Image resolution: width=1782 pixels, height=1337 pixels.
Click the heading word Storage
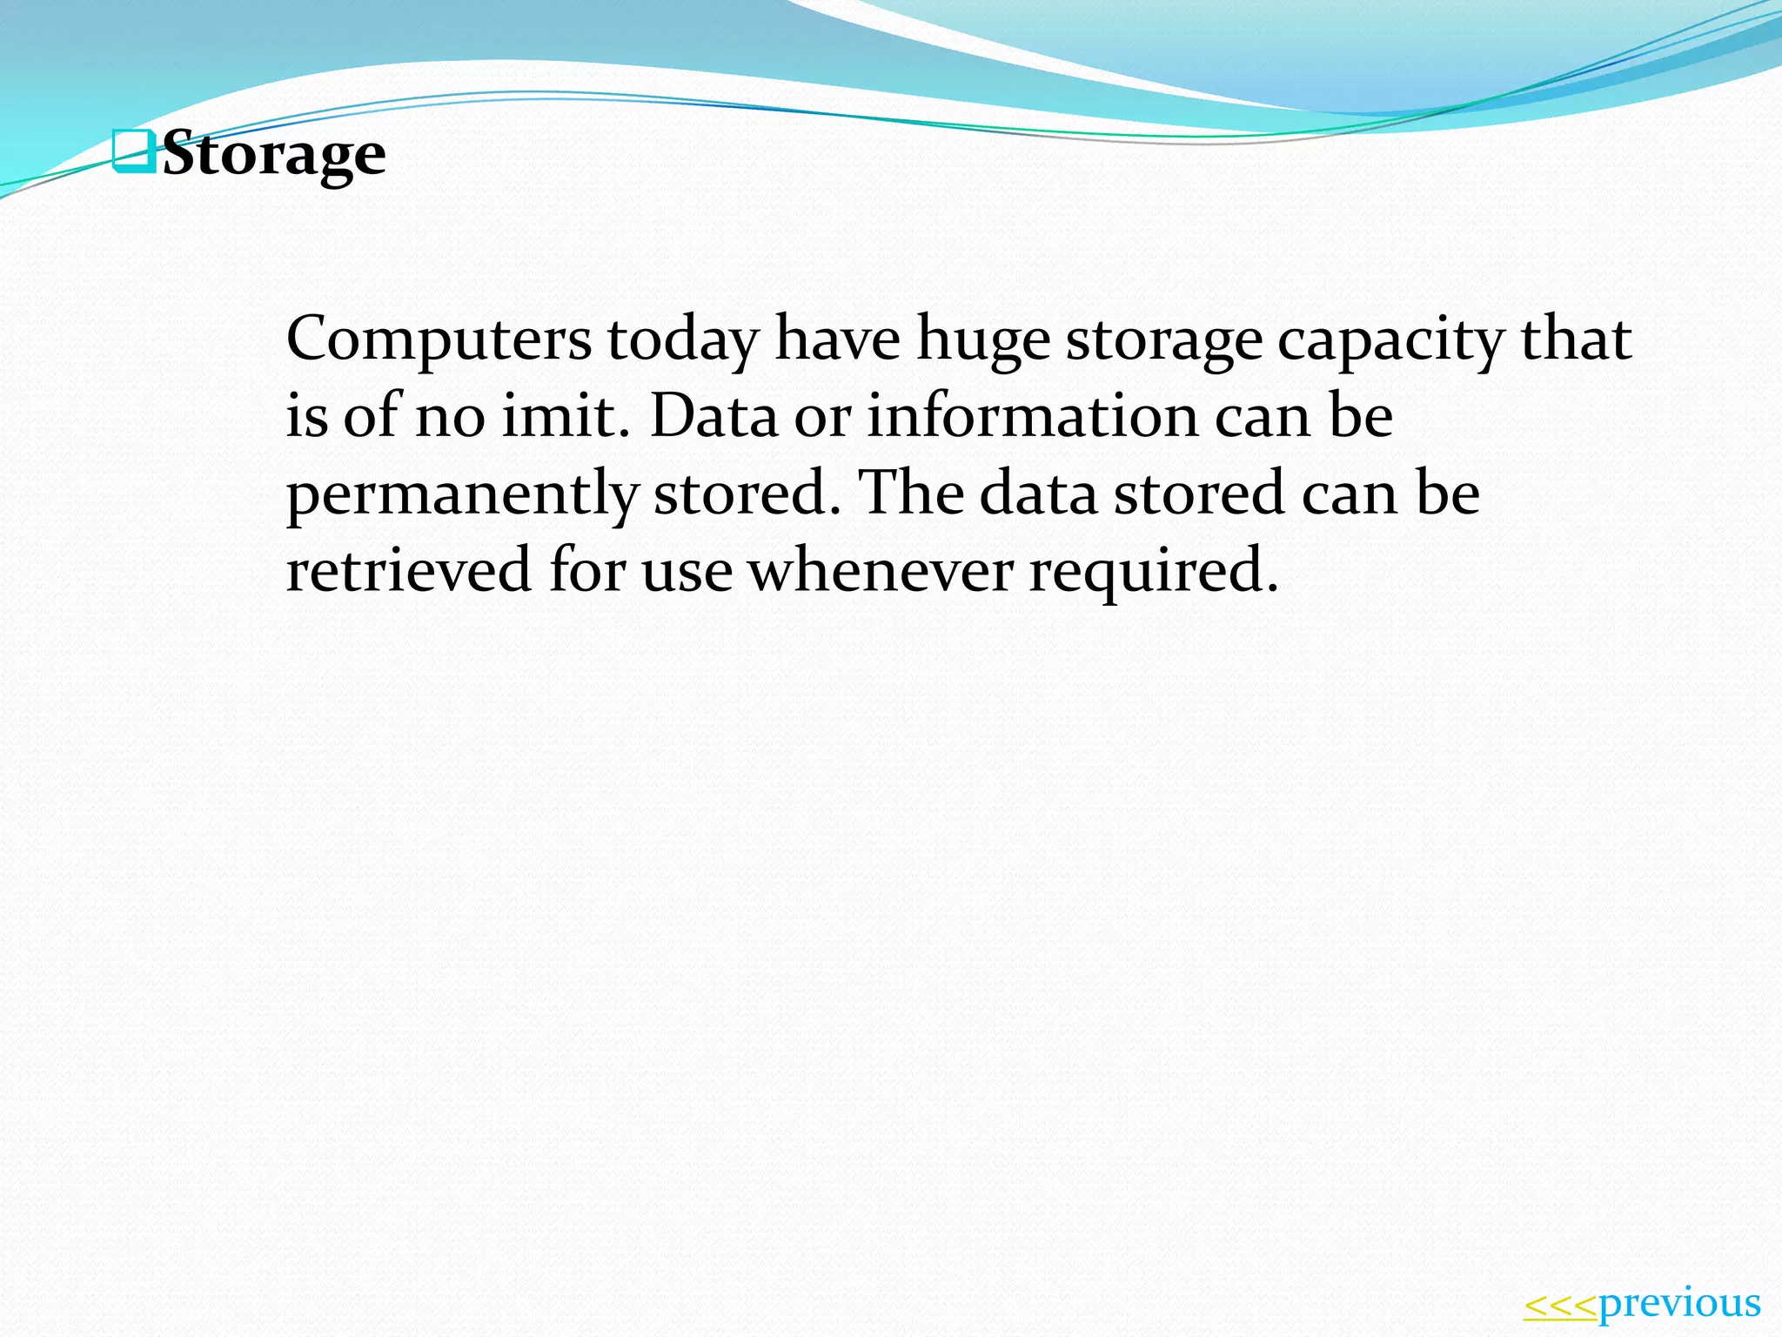point(274,154)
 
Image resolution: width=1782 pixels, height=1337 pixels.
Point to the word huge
point(983,340)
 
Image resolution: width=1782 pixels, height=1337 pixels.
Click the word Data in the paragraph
point(713,415)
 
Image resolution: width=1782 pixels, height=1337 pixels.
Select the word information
point(1032,415)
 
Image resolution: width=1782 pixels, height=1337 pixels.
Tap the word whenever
point(881,569)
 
